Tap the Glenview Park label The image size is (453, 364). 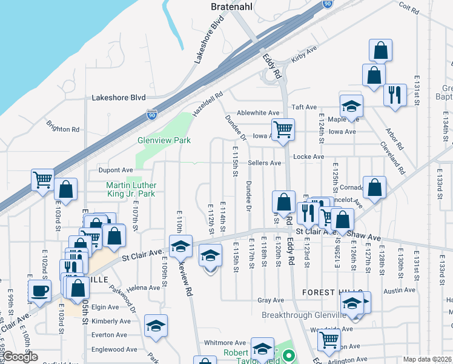pyautogui.click(x=164, y=140)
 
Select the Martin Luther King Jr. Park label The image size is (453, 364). pyautogui.click(x=131, y=189)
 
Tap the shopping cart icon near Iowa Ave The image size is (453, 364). pyautogui.click(x=283, y=129)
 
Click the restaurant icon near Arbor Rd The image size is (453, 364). pyautogui.click(x=395, y=95)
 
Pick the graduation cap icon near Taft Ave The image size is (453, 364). pyautogui.click(x=351, y=107)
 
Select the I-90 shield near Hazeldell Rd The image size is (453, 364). pyautogui.click(x=151, y=114)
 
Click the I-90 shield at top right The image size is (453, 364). pyautogui.click(x=328, y=4)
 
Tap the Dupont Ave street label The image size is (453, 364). pyautogui.click(x=111, y=170)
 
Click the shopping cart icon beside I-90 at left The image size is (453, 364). pyautogui.click(x=42, y=180)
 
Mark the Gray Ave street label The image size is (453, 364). pyautogui.click(x=271, y=300)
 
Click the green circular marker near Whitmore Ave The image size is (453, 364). pyautogui.click(x=289, y=356)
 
